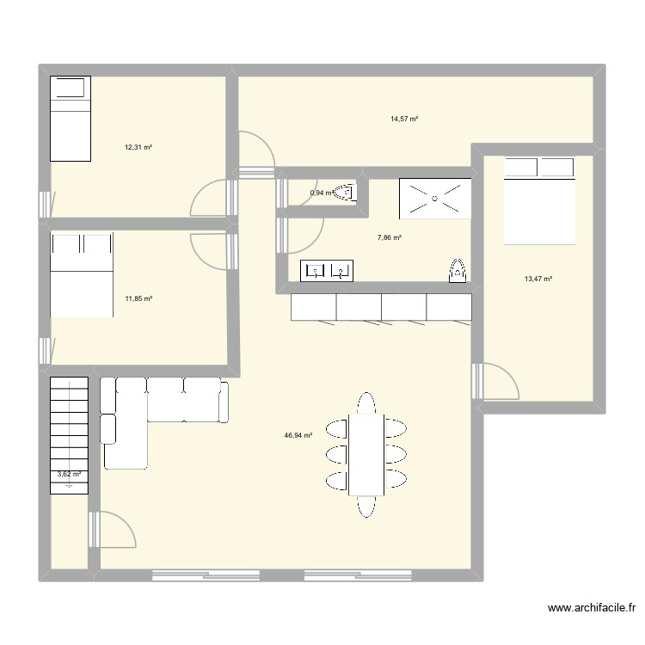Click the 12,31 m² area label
click(138, 147)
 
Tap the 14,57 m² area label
click(403, 119)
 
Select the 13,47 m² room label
click(537, 279)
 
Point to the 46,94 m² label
click(298, 436)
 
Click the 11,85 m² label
click(138, 298)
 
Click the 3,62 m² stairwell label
click(69, 474)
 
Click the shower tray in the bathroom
click(434, 199)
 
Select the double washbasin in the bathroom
click(327, 272)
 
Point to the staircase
click(69, 430)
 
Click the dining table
click(367, 454)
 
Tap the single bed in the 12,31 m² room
click(70, 119)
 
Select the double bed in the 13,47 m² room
click(538, 200)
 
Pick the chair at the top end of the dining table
click(367, 402)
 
